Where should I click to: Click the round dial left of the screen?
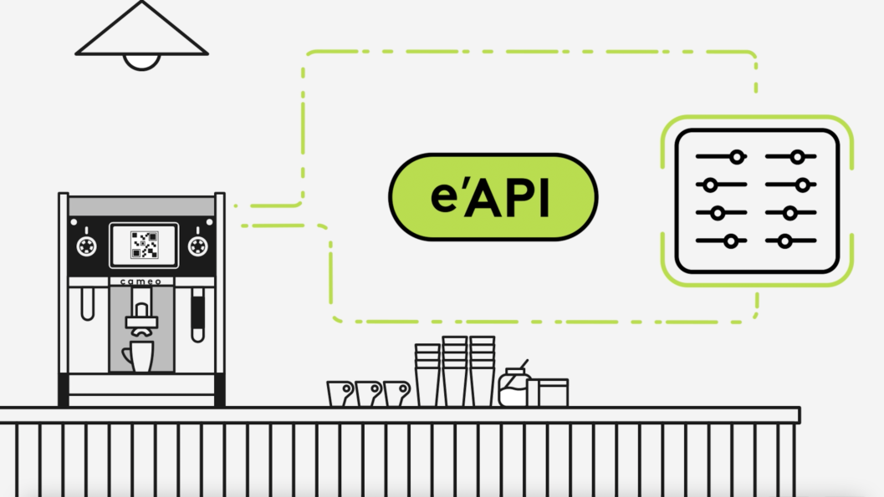[85, 245]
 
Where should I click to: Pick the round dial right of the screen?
[197, 245]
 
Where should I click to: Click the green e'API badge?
[493, 196]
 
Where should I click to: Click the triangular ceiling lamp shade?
[141, 33]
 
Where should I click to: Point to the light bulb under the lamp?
[141, 62]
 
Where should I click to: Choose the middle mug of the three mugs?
[368, 393]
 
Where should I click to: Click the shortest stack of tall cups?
[427, 376]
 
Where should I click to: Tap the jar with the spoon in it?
[512, 388]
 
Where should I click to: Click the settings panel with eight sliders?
[757, 200]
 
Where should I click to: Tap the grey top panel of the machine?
[141, 205]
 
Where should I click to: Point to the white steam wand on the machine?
[87, 304]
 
